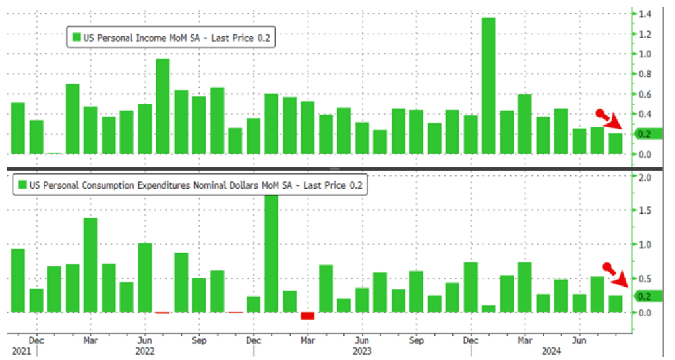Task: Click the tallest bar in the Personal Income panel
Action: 488,86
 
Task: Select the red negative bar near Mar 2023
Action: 307,316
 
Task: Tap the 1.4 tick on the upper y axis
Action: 642,13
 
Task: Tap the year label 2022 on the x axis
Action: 145,351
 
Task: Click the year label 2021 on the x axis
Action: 20,351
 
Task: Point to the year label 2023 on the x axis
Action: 361,351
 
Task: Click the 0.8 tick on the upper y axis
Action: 642,74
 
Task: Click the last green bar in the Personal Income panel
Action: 615,144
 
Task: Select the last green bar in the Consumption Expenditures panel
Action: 615,304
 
